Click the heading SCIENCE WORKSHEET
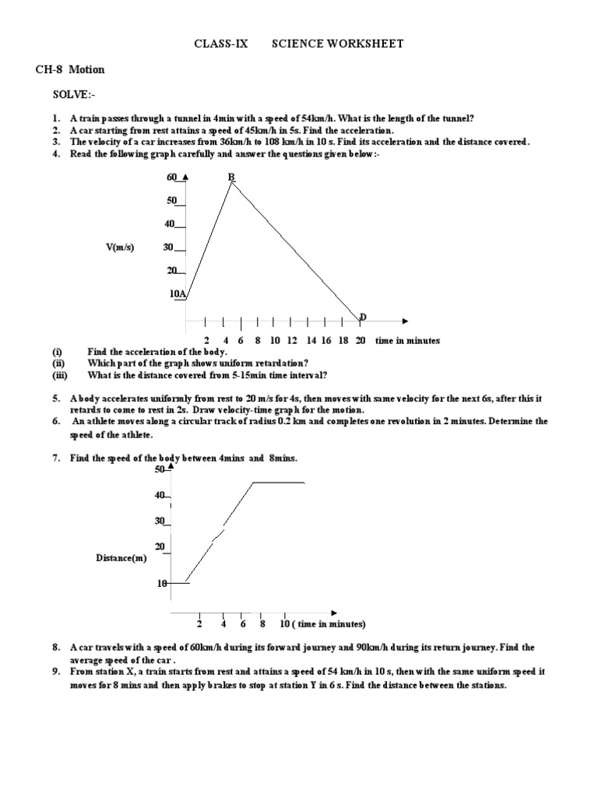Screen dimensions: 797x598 coord(337,44)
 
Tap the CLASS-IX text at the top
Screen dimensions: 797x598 coord(220,44)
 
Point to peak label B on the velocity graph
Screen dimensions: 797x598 coord(231,177)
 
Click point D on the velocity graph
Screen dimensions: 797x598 coord(363,316)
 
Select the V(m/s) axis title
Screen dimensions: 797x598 coord(120,248)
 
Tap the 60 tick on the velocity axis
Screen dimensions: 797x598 coord(172,177)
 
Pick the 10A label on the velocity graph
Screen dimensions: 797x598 coord(178,293)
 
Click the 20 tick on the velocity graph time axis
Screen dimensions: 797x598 coord(361,340)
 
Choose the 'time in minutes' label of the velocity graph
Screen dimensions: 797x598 coord(407,340)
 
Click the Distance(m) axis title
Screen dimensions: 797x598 coord(121,558)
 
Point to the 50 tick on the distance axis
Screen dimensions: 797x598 coord(160,469)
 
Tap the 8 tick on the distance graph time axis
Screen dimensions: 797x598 coord(263,624)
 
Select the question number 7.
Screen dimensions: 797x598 coord(56,458)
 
